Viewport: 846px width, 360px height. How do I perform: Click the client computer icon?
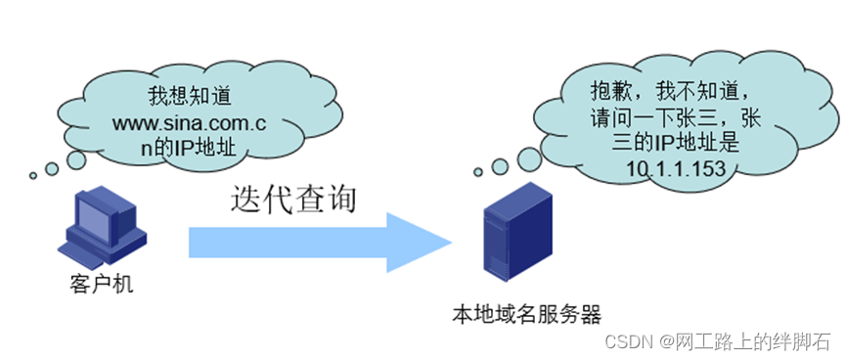104,231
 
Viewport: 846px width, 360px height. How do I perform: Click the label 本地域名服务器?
525,314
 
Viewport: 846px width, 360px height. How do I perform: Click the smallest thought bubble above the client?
33,176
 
